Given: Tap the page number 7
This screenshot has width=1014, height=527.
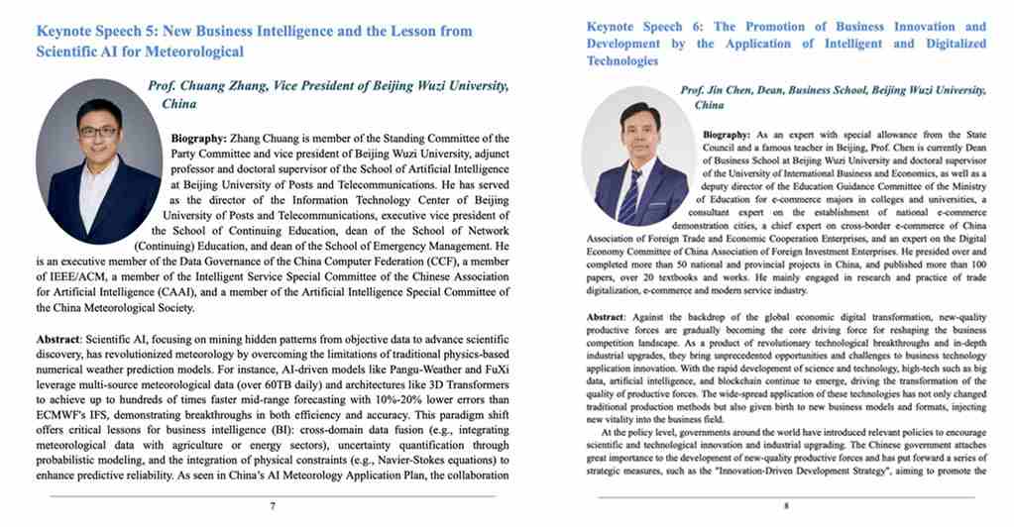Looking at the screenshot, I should (273, 505).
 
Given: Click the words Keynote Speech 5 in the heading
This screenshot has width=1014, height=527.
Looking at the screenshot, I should (96, 32).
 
